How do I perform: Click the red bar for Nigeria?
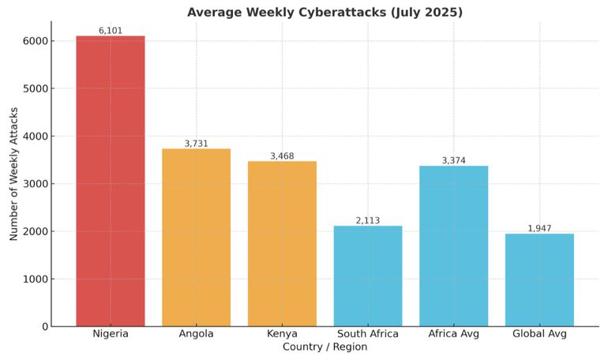[111, 181]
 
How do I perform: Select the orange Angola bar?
[196, 237]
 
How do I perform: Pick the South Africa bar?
[368, 276]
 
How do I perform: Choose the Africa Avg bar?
[453, 246]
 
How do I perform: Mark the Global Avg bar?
[539, 279]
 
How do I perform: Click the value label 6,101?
[111, 31]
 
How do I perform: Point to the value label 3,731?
[196, 144]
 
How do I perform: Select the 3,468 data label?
[282, 156]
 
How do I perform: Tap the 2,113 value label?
[368, 221]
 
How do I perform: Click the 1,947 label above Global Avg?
[539, 229]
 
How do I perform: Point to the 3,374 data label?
[453, 161]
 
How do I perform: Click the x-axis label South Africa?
[368, 334]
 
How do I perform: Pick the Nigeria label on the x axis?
[111, 334]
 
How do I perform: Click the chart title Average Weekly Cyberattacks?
[325, 12]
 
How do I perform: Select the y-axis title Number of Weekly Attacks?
[14, 174]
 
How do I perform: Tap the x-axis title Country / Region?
[325, 347]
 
